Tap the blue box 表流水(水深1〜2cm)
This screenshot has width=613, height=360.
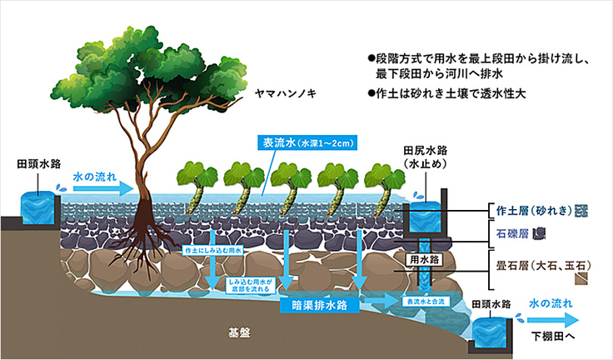pyautogui.click(x=306, y=142)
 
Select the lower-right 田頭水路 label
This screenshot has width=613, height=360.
pyautogui.click(x=491, y=304)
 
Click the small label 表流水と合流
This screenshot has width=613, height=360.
pyautogui.click(x=421, y=299)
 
